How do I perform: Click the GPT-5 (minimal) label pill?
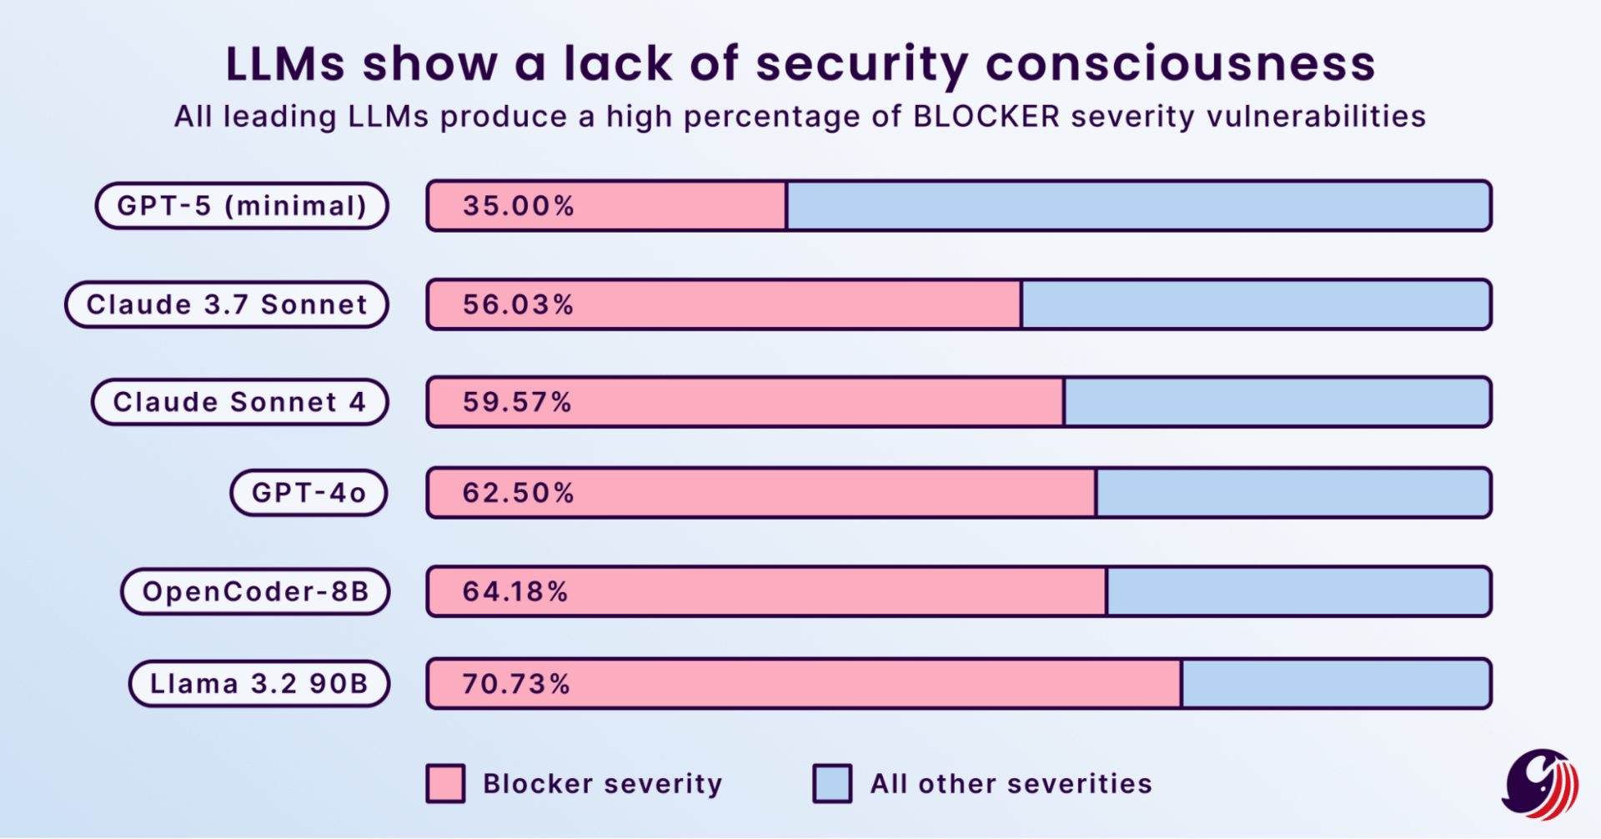tap(242, 206)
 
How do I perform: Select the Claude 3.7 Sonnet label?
tap(227, 304)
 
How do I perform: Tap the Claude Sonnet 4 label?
tap(240, 402)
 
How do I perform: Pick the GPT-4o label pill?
tap(309, 493)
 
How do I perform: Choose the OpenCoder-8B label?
tap(255, 591)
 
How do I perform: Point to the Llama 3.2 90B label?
tap(259, 684)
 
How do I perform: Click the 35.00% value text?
tap(519, 206)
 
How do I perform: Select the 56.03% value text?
tap(519, 304)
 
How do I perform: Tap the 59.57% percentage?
tap(518, 402)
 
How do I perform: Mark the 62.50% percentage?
tap(519, 493)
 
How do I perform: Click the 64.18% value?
tap(515, 591)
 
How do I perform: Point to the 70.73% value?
tap(516, 684)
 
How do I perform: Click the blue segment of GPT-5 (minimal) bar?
tap(1138, 206)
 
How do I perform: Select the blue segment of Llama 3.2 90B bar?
tap(1336, 684)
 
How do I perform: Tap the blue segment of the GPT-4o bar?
tap(1293, 493)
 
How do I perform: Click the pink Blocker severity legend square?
tap(446, 784)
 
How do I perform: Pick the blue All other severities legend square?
tap(832, 784)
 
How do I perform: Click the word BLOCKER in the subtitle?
tap(986, 117)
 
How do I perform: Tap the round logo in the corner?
tap(1541, 784)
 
